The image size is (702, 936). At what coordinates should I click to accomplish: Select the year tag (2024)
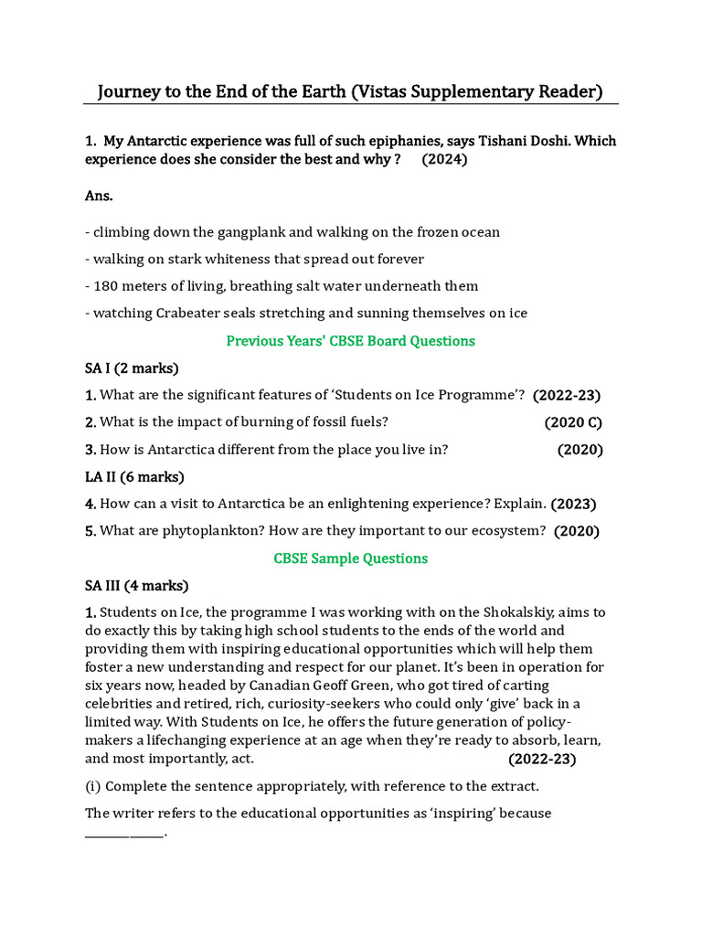point(444,159)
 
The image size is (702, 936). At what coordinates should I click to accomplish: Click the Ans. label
point(99,196)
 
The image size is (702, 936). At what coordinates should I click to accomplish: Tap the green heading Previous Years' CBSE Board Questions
point(350,341)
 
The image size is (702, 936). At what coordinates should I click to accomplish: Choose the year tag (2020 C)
point(573,422)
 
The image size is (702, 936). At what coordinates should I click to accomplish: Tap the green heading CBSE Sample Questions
point(350,558)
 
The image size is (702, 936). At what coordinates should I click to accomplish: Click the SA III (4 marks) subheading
point(136,585)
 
